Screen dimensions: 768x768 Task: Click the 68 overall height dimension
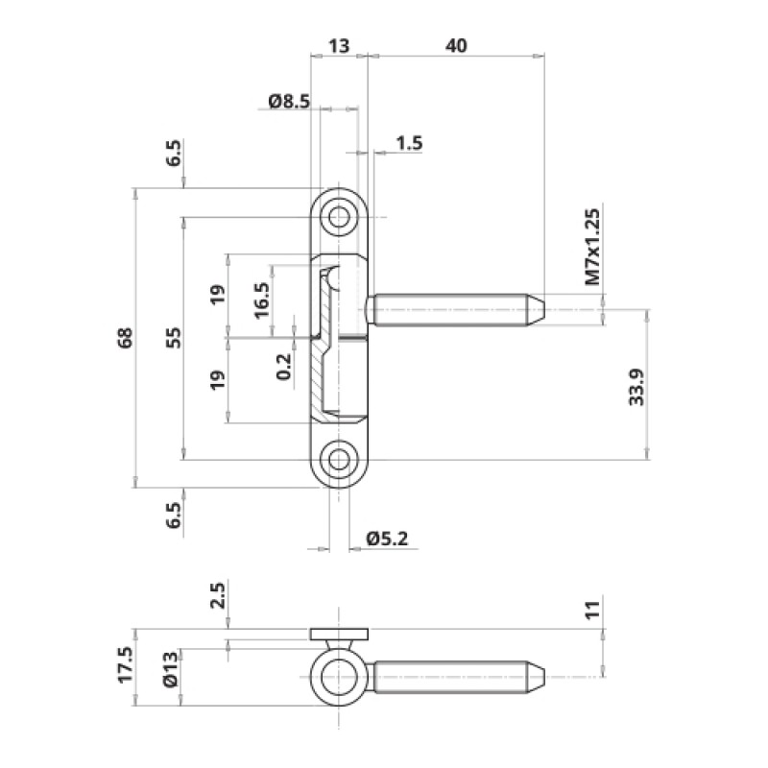[126, 338]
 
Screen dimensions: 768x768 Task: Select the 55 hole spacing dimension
[174, 338]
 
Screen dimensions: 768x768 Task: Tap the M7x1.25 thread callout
[592, 247]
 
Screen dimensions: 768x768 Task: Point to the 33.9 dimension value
[636, 387]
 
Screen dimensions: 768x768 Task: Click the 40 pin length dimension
[456, 45]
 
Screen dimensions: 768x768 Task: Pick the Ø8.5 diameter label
[289, 102]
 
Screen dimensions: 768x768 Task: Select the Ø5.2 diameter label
[387, 539]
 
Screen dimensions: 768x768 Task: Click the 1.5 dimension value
[409, 143]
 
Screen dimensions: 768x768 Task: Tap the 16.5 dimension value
[262, 300]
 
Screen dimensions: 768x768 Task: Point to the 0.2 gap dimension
[283, 367]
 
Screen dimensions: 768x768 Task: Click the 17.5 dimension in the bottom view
[125, 664]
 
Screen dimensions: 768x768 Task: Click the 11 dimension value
[592, 610]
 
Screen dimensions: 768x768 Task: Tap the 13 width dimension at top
[339, 45]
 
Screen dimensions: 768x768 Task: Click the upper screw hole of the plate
[339, 217]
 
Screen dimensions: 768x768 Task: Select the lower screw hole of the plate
[339, 460]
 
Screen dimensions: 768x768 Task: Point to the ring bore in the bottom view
[339, 677]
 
